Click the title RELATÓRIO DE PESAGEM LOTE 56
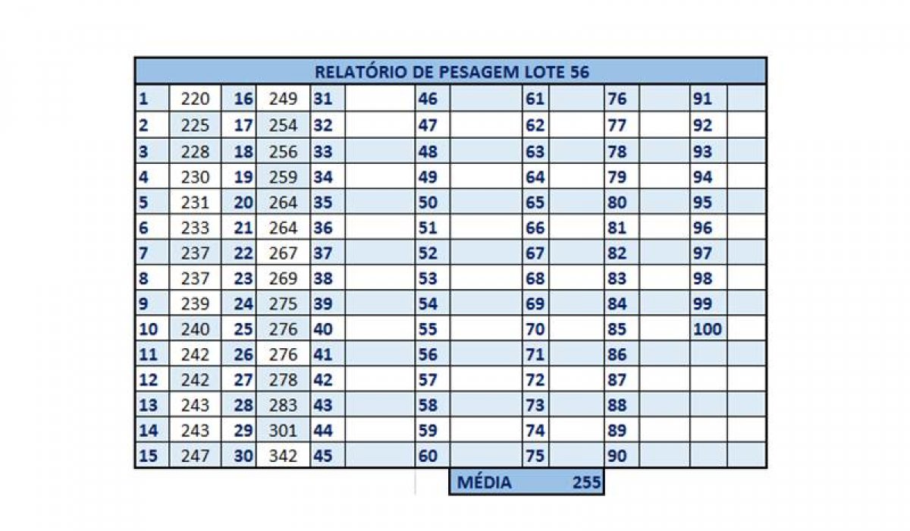[x=451, y=72]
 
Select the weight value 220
[x=195, y=99]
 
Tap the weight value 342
[x=284, y=456]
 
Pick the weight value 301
[x=284, y=431]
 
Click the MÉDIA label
[x=485, y=482]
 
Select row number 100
[x=707, y=329]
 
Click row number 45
[x=323, y=456]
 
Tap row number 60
[x=428, y=456]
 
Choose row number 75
[x=535, y=456]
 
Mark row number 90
[x=617, y=456]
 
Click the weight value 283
[x=284, y=405]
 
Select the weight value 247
[x=195, y=456]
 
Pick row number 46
[x=428, y=99]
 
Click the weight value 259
[x=284, y=178]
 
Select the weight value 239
[x=195, y=303]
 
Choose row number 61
[x=535, y=99]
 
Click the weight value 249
[x=284, y=99]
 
